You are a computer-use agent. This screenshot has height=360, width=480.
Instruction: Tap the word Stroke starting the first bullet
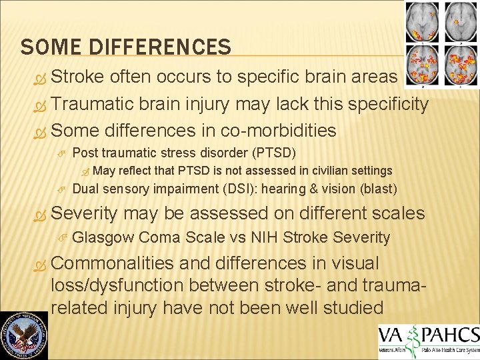tap(75, 77)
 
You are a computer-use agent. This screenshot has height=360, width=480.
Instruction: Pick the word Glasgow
tap(103, 237)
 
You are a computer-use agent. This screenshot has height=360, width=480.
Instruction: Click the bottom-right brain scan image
tap(459, 65)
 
